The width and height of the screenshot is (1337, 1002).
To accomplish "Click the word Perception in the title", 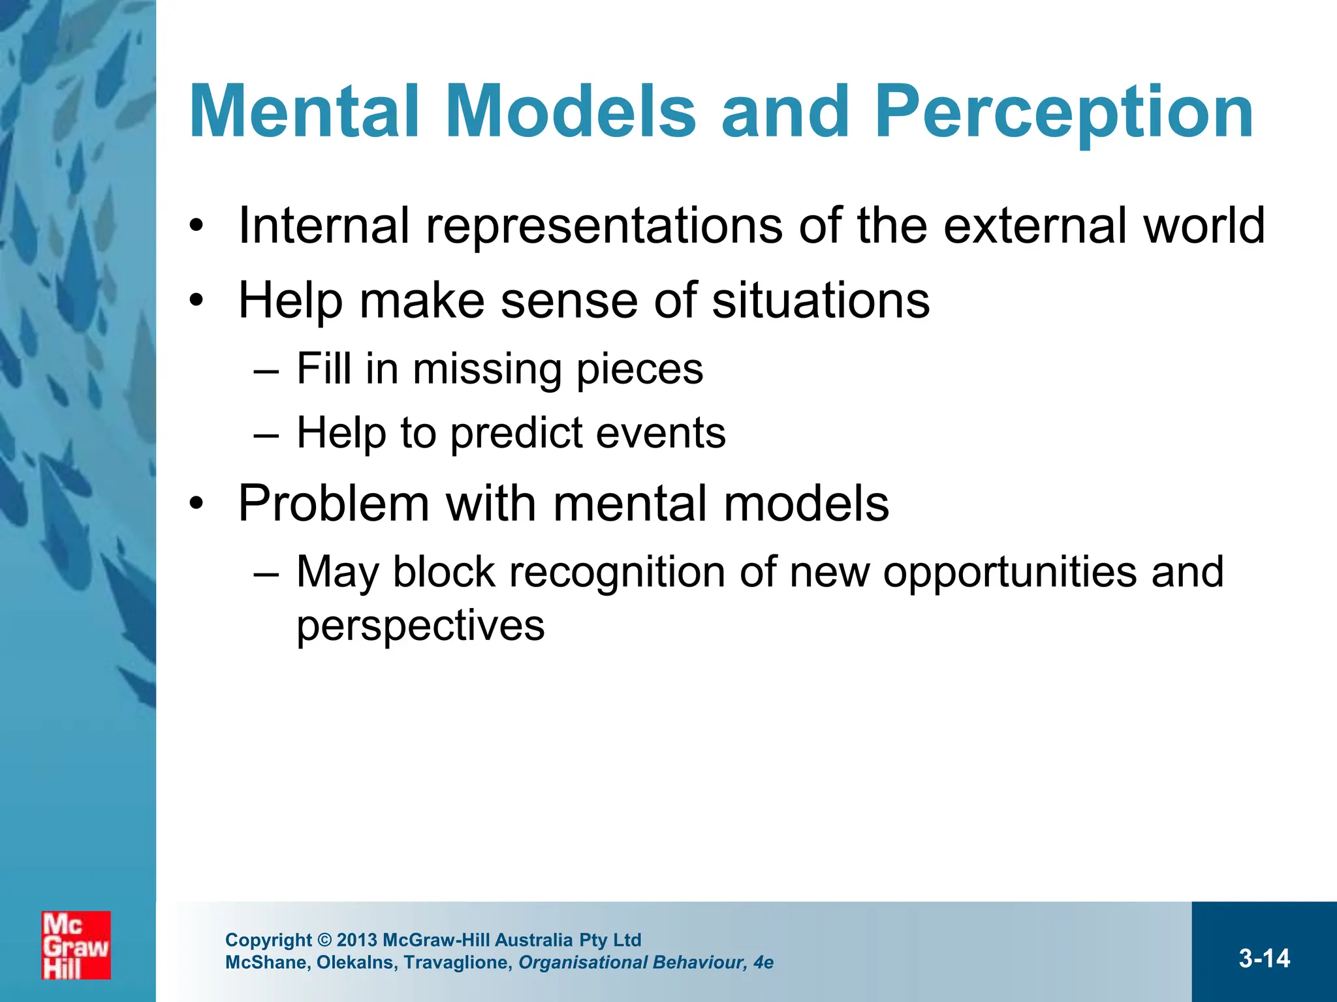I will pos(1064,112).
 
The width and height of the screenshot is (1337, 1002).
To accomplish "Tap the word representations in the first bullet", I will pos(604,226).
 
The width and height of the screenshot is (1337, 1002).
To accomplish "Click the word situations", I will pos(820,301).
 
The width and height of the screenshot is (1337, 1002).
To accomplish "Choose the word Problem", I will pos(334,504).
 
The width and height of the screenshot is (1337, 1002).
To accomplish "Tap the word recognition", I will pos(617,572).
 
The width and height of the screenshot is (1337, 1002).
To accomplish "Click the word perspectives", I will pos(420,626).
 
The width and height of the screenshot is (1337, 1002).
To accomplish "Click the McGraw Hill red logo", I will pos(76,945).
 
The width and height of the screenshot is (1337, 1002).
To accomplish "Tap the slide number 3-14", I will pos(1264,958).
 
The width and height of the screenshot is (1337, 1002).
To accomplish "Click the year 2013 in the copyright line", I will pos(357,940).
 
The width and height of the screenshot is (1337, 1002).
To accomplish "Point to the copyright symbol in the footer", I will pos(324,940).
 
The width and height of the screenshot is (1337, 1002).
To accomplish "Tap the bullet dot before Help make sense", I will pos(197,301).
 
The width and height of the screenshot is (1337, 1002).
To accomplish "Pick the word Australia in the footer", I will pos(533,940).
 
